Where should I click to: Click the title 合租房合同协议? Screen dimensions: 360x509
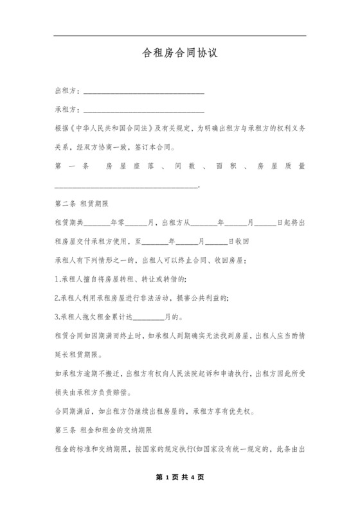click(x=180, y=54)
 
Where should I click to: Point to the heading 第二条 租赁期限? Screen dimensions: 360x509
click(x=83, y=204)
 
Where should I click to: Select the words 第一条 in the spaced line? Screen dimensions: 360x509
click(x=71, y=166)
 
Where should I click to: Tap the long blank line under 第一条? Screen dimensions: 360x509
click(x=127, y=186)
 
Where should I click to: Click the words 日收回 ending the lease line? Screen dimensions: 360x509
click(x=248, y=242)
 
